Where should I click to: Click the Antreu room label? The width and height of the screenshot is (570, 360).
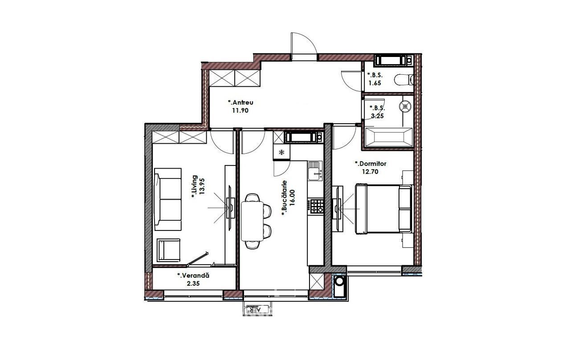(x=240, y=102)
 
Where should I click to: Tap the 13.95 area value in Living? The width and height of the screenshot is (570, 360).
(x=202, y=186)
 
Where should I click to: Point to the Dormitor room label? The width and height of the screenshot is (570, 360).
(x=370, y=163)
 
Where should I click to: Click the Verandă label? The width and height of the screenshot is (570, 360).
(x=193, y=275)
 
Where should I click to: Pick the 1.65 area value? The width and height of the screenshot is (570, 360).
(x=375, y=83)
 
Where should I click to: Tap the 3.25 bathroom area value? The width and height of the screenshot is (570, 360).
(x=377, y=116)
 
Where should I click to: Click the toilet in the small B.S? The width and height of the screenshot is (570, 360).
(x=403, y=79)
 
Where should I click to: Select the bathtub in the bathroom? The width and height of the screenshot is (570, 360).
(x=389, y=138)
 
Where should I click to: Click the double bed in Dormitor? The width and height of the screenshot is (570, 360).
(x=383, y=209)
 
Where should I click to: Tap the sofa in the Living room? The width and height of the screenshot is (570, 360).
(x=168, y=199)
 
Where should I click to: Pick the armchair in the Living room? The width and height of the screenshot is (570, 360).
(x=168, y=250)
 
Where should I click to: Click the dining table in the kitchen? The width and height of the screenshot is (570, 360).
(x=252, y=221)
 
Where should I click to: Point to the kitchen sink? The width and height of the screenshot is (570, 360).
(x=315, y=170)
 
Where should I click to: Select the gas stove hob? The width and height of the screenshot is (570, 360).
(x=316, y=206)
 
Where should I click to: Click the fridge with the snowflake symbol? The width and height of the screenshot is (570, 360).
(x=281, y=152)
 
